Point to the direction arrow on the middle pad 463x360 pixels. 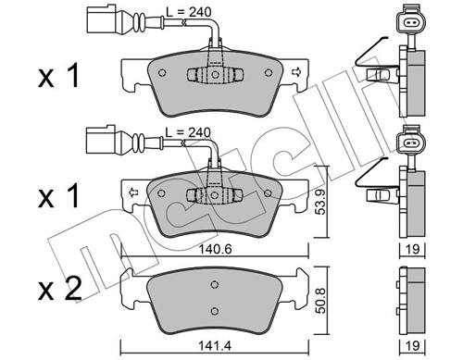pos(132,192)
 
